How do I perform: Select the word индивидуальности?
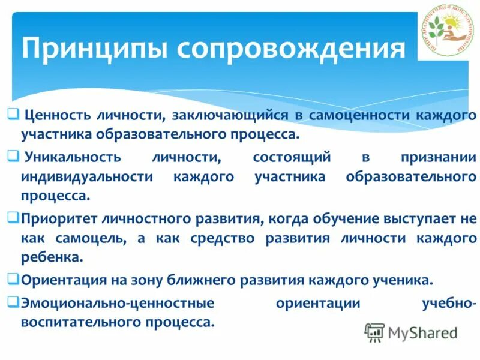pos(87,177)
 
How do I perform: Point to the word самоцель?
pos(91,239)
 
